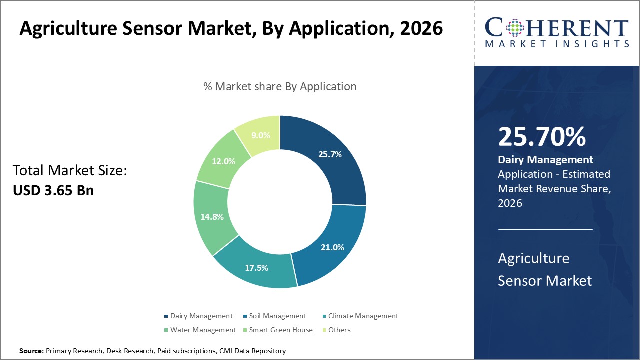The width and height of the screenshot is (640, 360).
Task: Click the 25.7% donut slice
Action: (330, 155)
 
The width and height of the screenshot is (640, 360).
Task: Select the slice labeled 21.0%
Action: (332, 247)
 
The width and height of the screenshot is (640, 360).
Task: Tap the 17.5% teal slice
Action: (257, 267)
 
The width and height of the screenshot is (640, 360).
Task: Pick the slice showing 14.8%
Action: (212, 217)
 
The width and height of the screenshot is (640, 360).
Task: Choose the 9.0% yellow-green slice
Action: (261, 135)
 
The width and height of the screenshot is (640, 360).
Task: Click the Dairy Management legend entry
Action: (198, 316)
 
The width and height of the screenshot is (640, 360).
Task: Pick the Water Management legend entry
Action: (200, 330)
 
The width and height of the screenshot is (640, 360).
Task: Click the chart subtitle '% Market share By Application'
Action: (280, 86)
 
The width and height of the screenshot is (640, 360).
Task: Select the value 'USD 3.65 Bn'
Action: (53, 190)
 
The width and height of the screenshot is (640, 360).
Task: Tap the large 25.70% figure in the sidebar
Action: (542, 137)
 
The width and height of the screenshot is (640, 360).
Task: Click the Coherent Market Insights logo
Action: (557, 32)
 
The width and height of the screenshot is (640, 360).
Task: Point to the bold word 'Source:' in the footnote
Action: (31, 351)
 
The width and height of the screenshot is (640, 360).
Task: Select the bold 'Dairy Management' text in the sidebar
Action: (545, 160)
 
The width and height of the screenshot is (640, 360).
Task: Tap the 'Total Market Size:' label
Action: (70, 171)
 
